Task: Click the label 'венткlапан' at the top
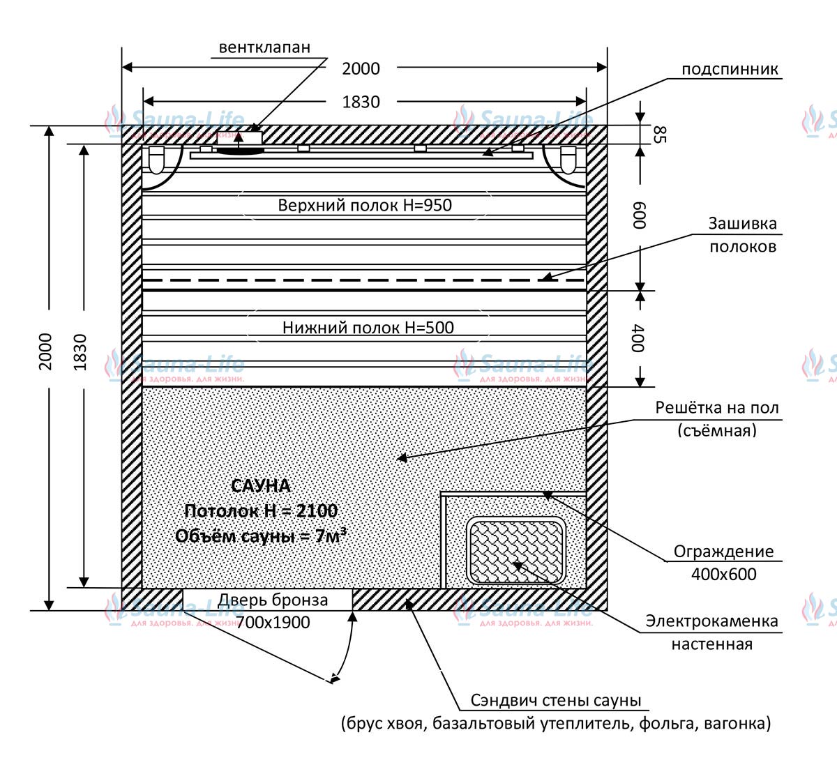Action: (264, 47)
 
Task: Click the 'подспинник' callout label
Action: (730, 69)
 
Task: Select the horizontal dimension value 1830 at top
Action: (361, 102)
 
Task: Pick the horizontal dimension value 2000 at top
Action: (361, 69)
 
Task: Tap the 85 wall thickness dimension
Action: (660, 135)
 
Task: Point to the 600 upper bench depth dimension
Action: (640, 215)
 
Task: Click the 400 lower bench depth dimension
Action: (638, 338)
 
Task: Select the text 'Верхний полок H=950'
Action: (365, 205)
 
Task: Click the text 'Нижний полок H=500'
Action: (368, 328)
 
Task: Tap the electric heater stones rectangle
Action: (516, 552)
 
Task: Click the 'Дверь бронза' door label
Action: (273, 600)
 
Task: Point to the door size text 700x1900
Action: (273, 622)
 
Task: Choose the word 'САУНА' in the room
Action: (261, 486)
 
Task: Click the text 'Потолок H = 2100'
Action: (261, 511)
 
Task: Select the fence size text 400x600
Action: (723, 574)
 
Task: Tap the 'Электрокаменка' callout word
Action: (712, 621)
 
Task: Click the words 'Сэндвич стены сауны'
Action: (555, 700)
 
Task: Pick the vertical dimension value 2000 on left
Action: (45, 352)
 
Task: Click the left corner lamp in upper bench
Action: (156, 160)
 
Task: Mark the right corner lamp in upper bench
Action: (568, 160)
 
